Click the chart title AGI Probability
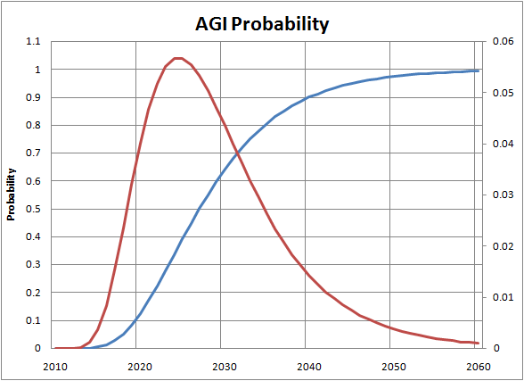262,25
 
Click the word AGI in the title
212,24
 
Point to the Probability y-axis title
11,195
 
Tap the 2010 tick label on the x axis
55,367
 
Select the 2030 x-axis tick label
225,367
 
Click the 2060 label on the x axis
479,367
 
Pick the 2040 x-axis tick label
309,367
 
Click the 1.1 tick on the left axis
33,41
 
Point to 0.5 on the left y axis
33,209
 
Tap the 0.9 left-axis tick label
33,97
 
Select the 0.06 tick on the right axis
503,41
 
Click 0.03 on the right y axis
503,195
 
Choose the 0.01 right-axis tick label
503,297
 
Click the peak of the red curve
178,58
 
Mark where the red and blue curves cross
237,153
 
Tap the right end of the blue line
479,70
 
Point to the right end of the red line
479,343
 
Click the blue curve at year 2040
305,97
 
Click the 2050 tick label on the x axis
394,367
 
